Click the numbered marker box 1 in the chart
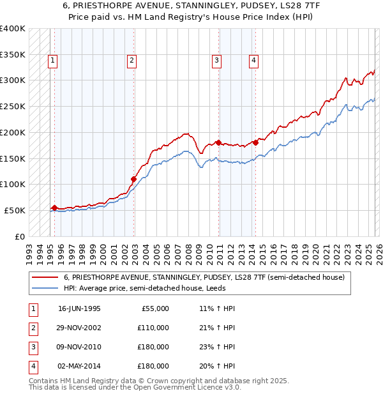(x=52, y=61)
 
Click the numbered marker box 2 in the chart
(x=131, y=61)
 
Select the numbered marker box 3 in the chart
(x=216, y=61)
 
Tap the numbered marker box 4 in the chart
(x=253, y=61)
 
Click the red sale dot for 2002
(x=134, y=179)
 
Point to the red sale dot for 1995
(x=55, y=208)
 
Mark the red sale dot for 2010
(x=218, y=142)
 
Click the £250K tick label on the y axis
(x=13, y=107)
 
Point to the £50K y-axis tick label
(x=15, y=210)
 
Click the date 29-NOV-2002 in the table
(x=80, y=328)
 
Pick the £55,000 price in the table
(x=153, y=308)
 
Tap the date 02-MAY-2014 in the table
(x=80, y=367)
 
